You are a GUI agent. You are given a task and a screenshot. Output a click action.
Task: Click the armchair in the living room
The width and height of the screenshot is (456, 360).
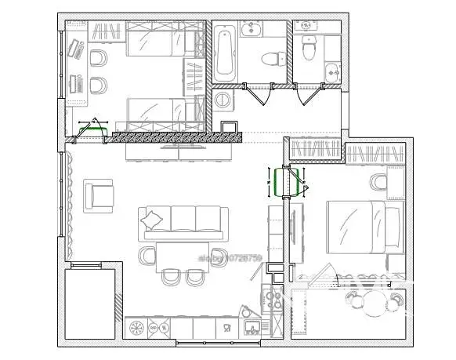(x=100, y=192)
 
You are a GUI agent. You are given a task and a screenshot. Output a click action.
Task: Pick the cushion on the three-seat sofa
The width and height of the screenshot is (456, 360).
(x=154, y=218)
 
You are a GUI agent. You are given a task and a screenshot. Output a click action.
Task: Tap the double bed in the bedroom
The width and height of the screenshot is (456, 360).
(x=354, y=226)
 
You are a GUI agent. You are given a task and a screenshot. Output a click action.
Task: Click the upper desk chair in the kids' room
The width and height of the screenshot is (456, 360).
(x=99, y=59)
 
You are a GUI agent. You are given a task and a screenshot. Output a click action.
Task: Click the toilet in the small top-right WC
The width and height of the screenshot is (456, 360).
(x=308, y=49)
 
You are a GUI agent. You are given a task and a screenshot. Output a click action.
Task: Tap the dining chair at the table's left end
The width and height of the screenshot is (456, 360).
(x=147, y=255)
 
